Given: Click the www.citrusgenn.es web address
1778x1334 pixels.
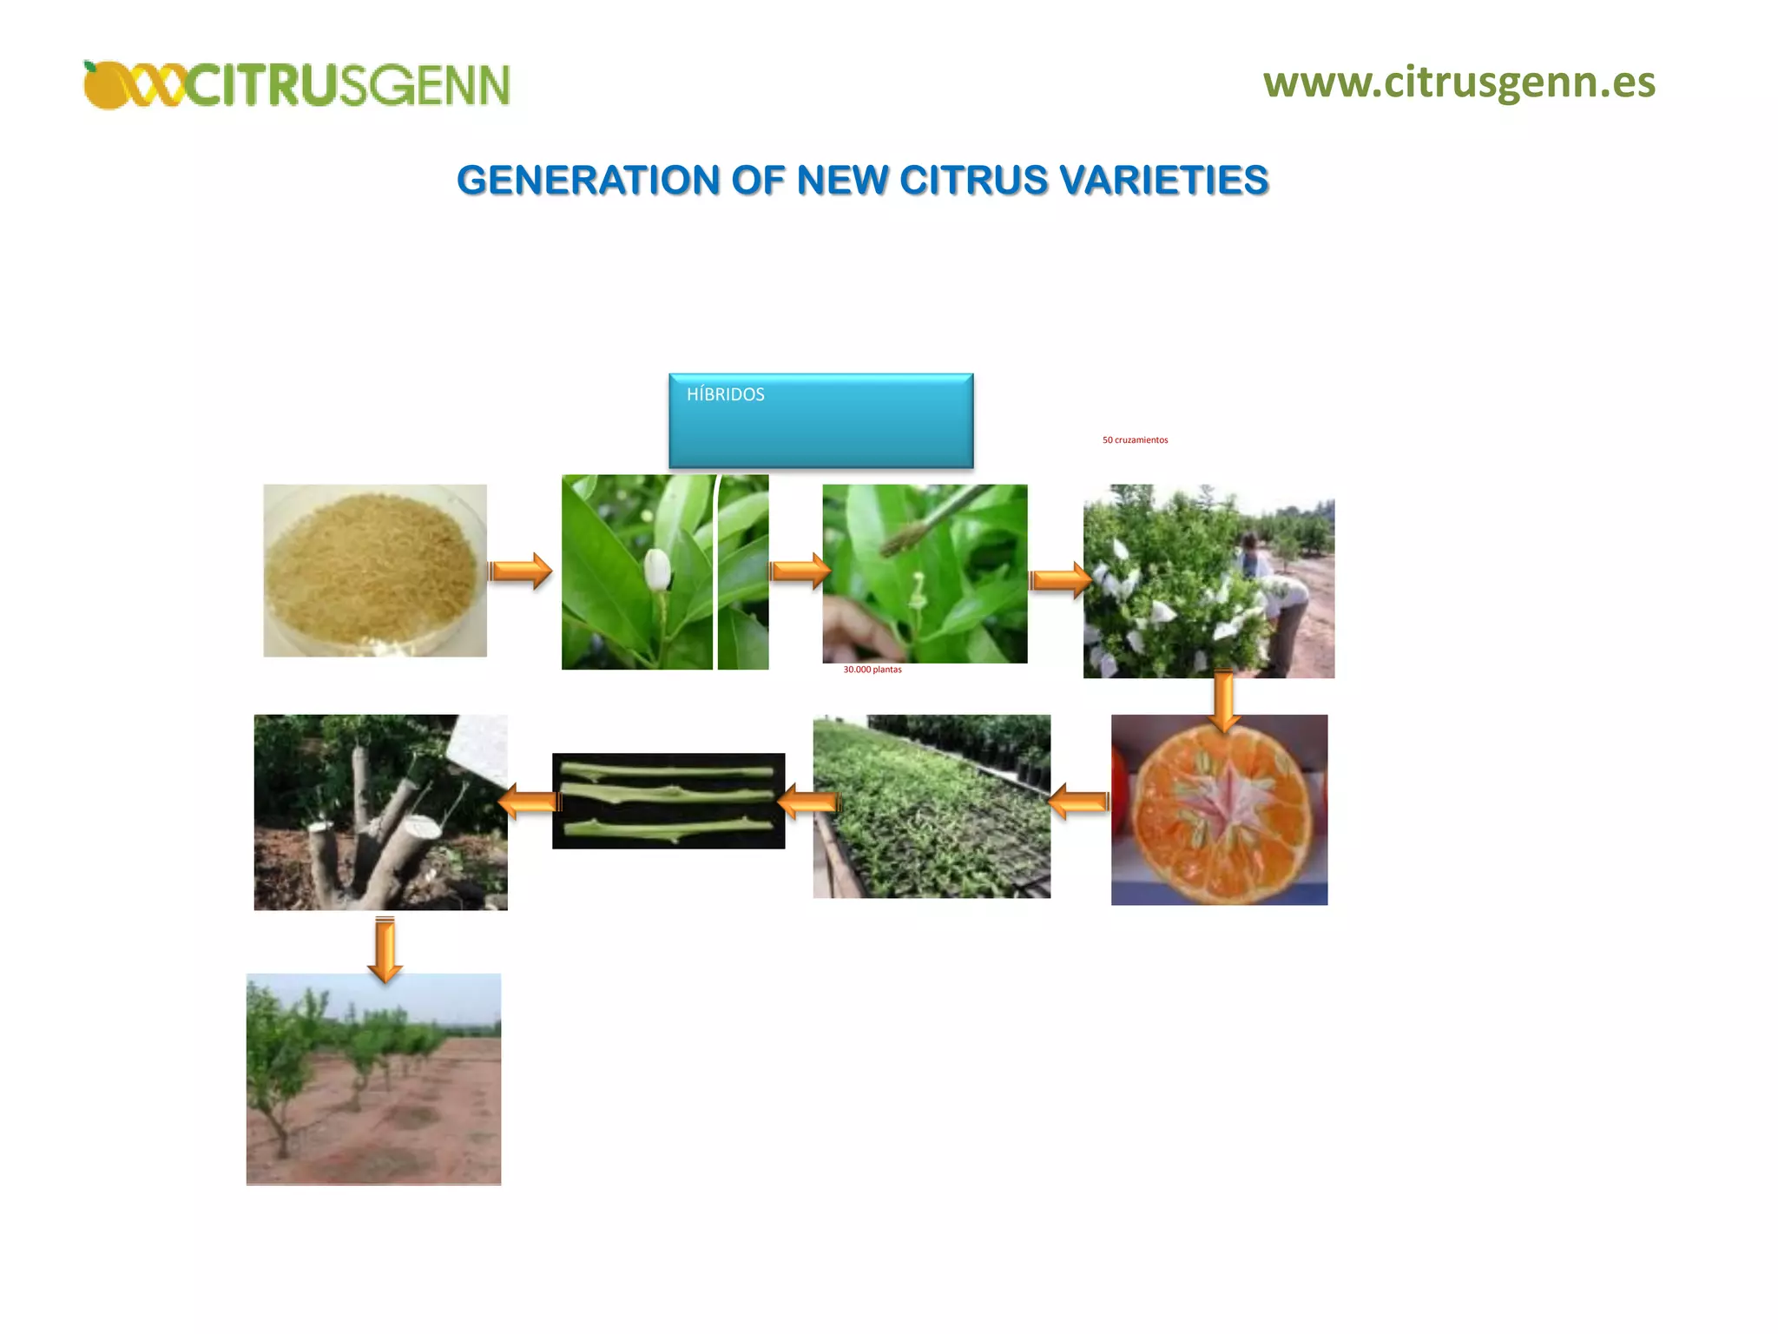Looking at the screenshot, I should [x=1459, y=83].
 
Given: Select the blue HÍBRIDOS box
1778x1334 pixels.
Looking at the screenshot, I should [x=820, y=421].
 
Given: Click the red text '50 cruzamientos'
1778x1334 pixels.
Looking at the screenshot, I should [x=1135, y=440].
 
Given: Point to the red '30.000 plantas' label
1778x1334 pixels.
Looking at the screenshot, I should [x=872, y=670].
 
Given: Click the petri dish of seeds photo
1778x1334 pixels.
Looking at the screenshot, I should [x=375, y=570].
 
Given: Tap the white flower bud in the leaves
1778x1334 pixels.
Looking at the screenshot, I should [x=657, y=569].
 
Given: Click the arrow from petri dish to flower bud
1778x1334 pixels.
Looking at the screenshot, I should [x=520, y=571].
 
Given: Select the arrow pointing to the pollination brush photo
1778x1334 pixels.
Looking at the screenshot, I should [x=800, y=571].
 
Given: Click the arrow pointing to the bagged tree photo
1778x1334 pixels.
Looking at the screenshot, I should [x=1060, y=579].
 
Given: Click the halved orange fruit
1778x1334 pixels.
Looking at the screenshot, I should [x=1219, y=809].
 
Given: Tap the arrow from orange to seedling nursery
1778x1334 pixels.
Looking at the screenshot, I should [x=1079, y=801].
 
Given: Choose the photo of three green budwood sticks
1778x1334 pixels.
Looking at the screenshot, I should [x=668, y=801].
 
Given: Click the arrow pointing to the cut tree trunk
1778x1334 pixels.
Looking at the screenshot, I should [x=530, y=801].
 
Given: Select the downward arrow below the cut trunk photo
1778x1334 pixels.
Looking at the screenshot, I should [x=385, y=948].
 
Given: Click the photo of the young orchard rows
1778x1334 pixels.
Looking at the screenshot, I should [x=373, y=1079].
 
